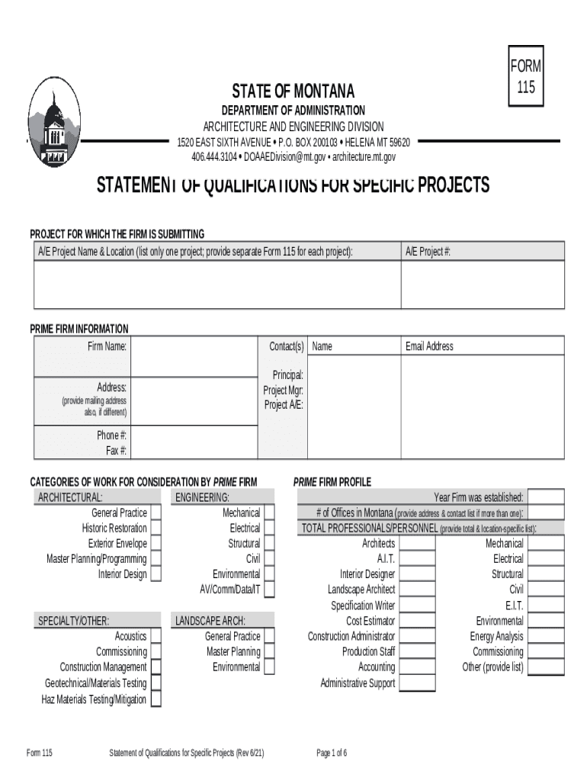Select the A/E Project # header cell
[x=483, y=252]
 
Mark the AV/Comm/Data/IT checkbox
[x=269, y=590]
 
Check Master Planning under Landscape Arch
[x=269, y=651]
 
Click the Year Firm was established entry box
[x=546, y=497]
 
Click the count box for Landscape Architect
[x=417, y=590]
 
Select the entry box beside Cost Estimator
[x=417, y=621]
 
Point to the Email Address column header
[x=429, y=346]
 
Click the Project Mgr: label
[x=284, y=390]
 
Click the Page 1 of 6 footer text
[x=332, y=754]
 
